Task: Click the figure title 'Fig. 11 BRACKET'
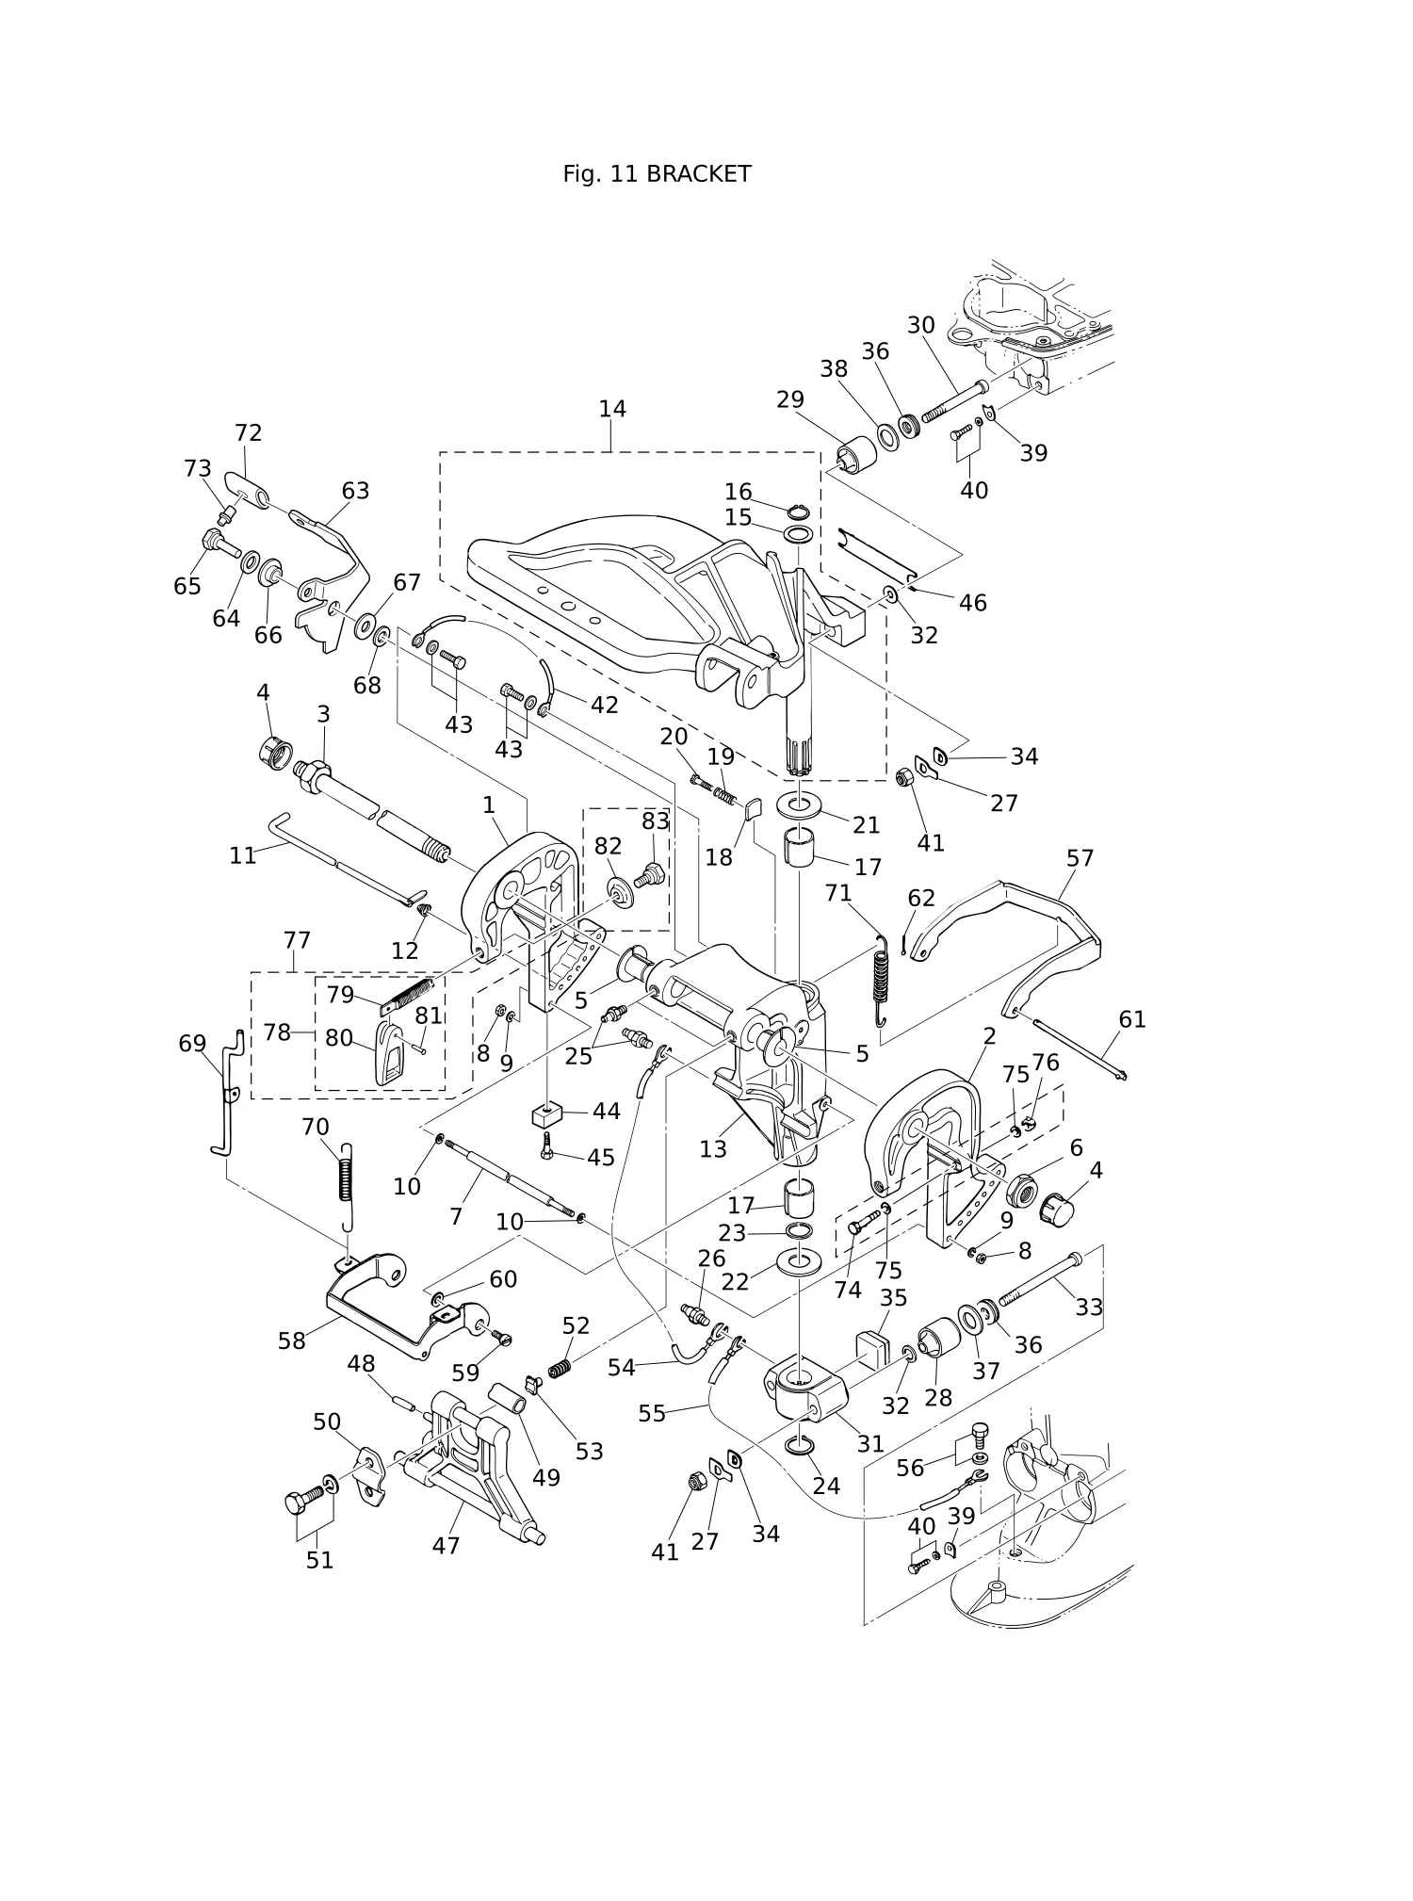click(x=657, y=174)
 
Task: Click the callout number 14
click(x=612, y=409)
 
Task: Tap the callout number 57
click(x=1080, y=858)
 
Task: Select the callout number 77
click(x=297, y=940)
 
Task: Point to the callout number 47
click(x=446, y=1546)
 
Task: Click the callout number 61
click(x=1132, y=1019)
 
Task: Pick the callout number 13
click(x=713, y=1149)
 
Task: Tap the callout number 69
click(x=192, y=1044)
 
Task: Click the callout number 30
click(x=921, y=325)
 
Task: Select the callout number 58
click(x=292, y=1340)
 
